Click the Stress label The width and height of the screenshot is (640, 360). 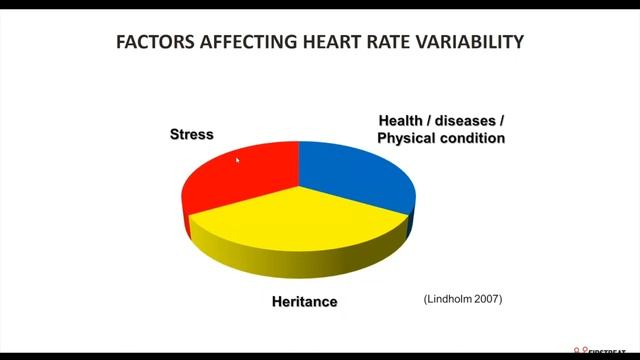click(x=191, y=134)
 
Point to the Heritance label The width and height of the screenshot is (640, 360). click(x=305, y=301)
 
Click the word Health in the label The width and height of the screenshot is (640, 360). click(x=401, y=120)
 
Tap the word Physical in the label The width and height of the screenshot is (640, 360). click(x=407, y=138)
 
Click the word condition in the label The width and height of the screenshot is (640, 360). click(x=472, y=138)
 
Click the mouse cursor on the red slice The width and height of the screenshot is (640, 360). click(x=237, y=159)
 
